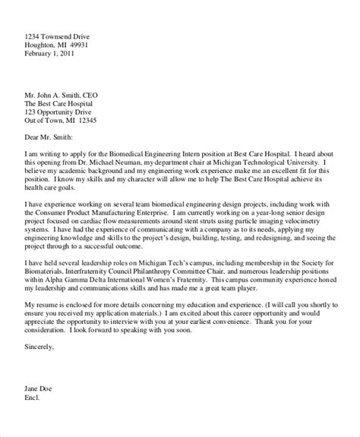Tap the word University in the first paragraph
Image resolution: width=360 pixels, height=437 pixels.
(292, 162)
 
